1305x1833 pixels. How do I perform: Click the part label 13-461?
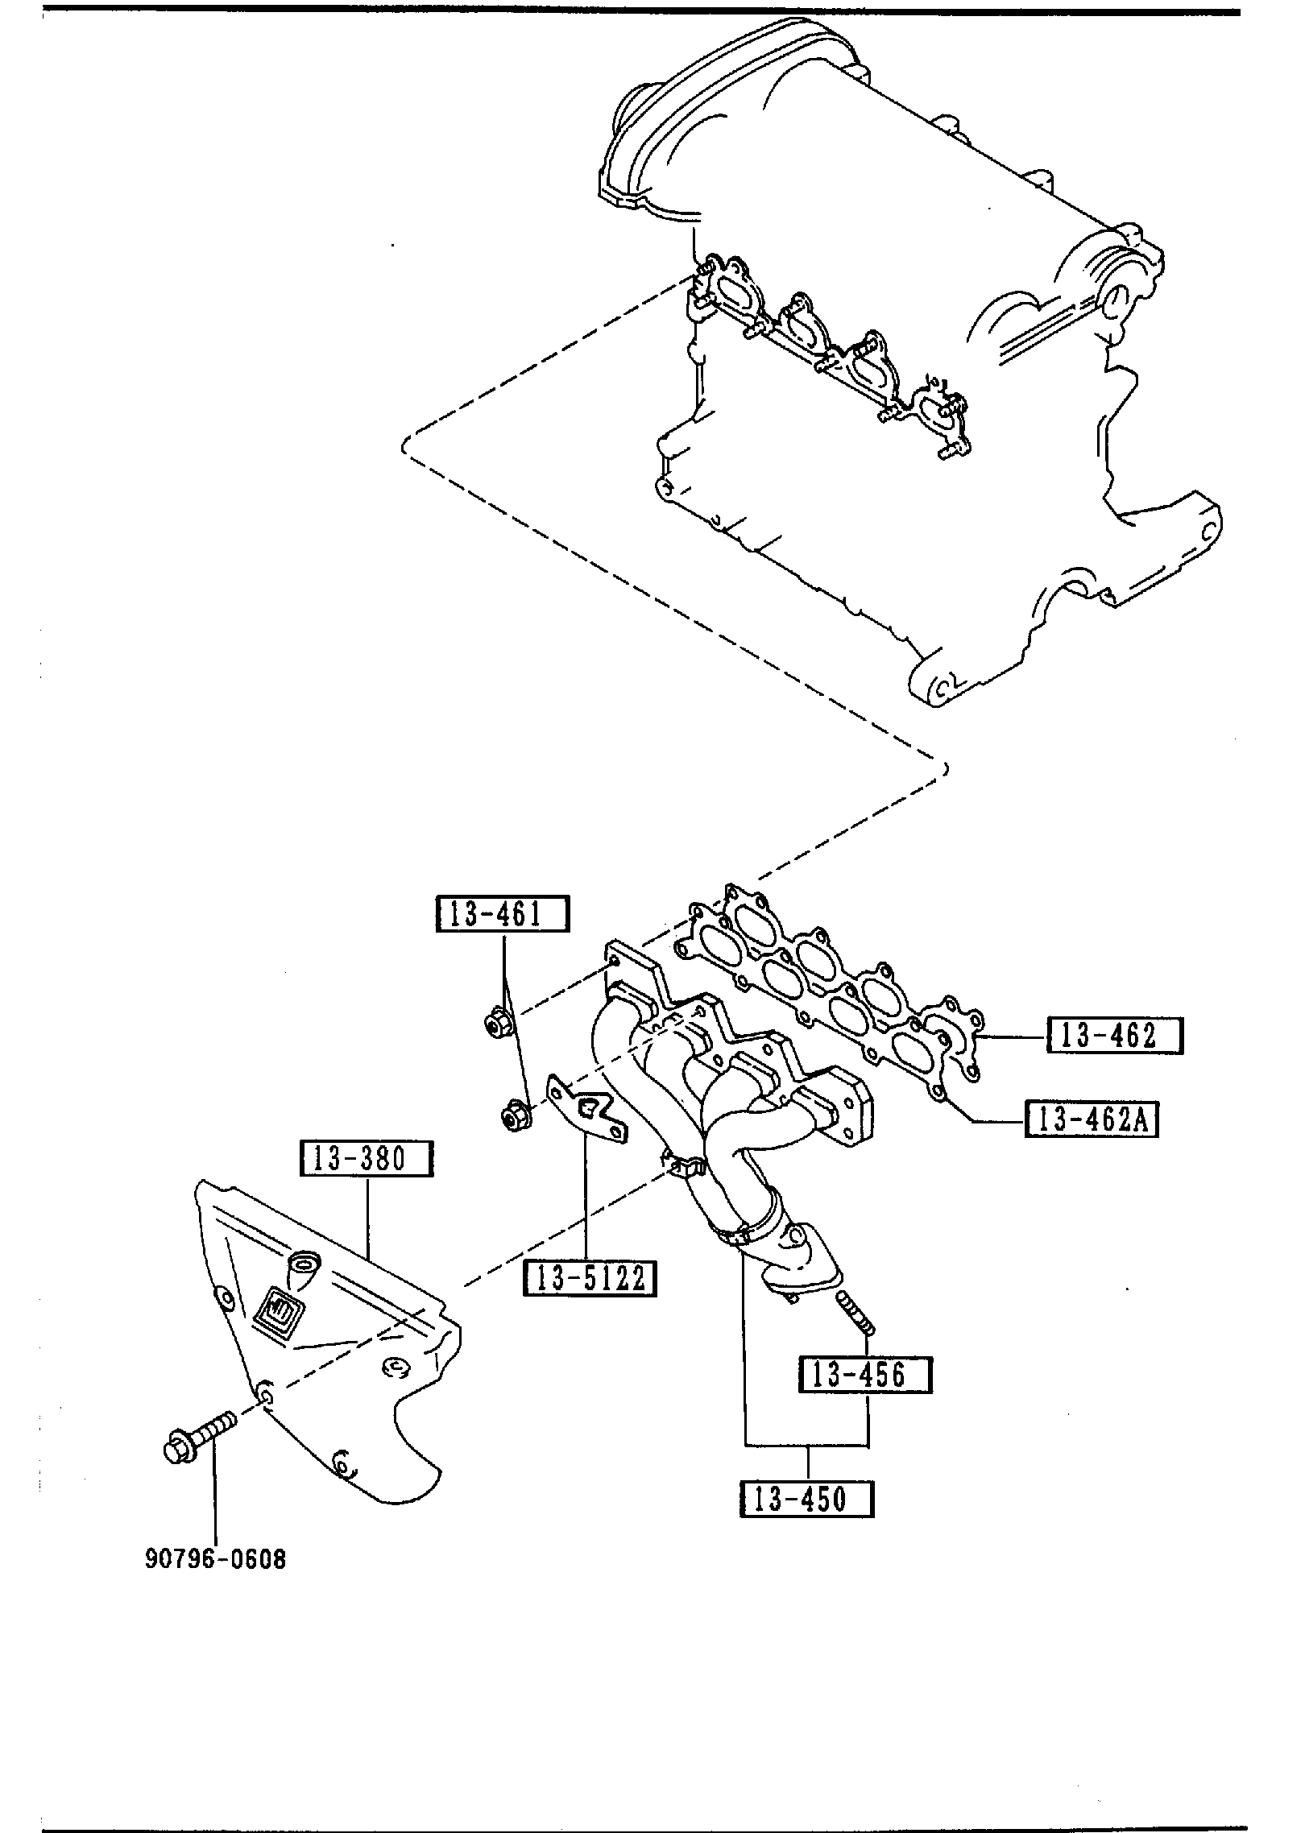[502, 914]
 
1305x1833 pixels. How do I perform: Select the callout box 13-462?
[1114, 1036]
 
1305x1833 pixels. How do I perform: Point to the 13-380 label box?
[367, 1159]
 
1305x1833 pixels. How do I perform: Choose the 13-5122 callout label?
[590, 1278]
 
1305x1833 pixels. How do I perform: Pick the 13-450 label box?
[807, 1499]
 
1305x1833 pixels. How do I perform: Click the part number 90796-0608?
[215, 1560]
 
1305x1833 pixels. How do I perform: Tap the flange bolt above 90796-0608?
[197, 1443]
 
